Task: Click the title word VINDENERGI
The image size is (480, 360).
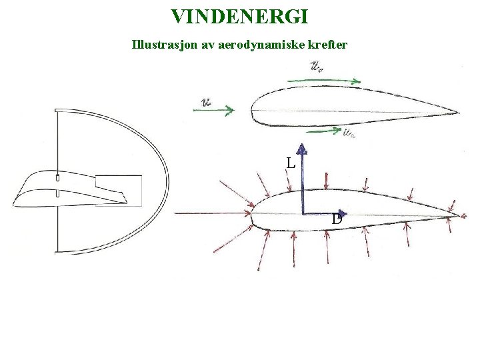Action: tap(239, 15)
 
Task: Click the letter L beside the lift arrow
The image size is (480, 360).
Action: tap(289, 162)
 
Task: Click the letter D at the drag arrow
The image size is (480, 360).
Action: tap(337, 219)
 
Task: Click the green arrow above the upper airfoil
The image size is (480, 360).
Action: tap(327, 81)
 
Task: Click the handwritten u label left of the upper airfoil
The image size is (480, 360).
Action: tap(206, 103)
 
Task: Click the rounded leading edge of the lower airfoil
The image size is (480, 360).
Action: tap(253, 214)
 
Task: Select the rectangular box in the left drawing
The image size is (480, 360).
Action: tap(118, 191)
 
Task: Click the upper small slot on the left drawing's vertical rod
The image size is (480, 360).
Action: tap(58, 179)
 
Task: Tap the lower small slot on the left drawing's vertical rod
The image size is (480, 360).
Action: tap(58, 194)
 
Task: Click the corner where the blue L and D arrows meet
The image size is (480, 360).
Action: tap(303, 214)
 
